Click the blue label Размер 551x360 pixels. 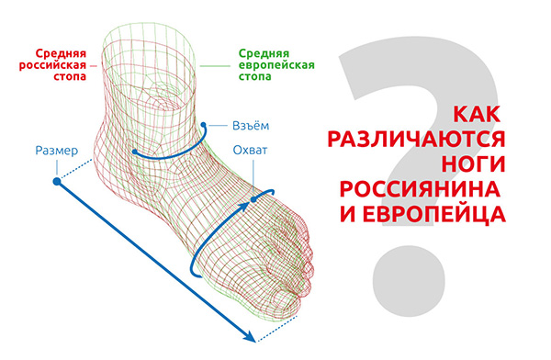(x=57, y=151)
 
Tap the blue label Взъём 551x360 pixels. (x=251, y=126)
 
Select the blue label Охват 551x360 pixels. (x=250, y=150)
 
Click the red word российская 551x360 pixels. (x=52, y=65)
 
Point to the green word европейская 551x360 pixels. (x=276, y=65)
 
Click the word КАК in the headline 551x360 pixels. (x=477, y=115)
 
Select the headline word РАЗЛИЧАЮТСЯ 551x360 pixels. (x=416, y=140)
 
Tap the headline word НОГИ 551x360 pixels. (x=473, y=163)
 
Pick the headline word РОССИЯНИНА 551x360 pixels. (x=420, y=189)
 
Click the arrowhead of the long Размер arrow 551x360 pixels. (x=250, y=336)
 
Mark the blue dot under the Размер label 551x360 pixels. (x=57, y=182)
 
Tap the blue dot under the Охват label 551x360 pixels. (x=253, y=199)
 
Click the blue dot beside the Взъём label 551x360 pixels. (x=203, y=125)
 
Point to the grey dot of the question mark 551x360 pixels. (x=409, y=281)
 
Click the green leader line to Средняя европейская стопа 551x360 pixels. (x=215, y=66)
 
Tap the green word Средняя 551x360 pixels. (x=264, y=54)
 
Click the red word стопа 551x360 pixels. (x=70, y=76)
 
